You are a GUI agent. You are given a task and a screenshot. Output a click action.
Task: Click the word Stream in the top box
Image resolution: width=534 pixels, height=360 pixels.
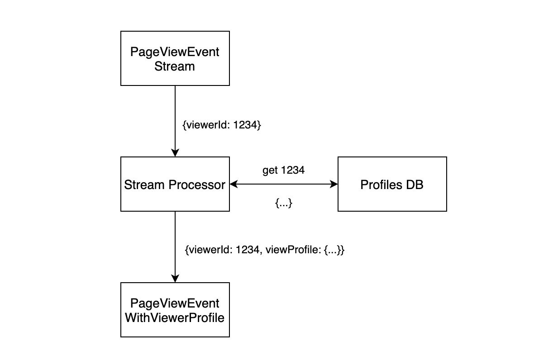pos(175,66)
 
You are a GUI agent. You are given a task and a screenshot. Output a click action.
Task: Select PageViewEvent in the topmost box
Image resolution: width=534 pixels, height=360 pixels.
pos(175,52)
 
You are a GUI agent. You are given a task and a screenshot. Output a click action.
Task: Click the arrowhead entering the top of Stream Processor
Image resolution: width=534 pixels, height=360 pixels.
pos(175,152)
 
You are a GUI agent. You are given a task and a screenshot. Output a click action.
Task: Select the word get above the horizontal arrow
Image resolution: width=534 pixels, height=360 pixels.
pos(270,171)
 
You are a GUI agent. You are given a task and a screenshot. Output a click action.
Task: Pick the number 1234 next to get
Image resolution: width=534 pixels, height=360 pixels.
pos(293,171)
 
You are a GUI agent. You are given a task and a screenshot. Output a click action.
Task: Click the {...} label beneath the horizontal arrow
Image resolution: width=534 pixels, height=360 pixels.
pos(284,204)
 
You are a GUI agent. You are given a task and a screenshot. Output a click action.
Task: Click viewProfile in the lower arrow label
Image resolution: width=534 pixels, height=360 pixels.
pos(294,250)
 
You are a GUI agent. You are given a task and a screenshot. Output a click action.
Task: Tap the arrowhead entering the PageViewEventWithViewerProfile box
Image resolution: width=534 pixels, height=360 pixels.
pos(175,278)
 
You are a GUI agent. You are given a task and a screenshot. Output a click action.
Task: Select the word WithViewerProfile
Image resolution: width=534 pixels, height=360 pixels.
pos(175,318)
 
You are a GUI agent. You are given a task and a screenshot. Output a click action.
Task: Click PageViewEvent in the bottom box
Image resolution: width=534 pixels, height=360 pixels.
pos(175,303)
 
